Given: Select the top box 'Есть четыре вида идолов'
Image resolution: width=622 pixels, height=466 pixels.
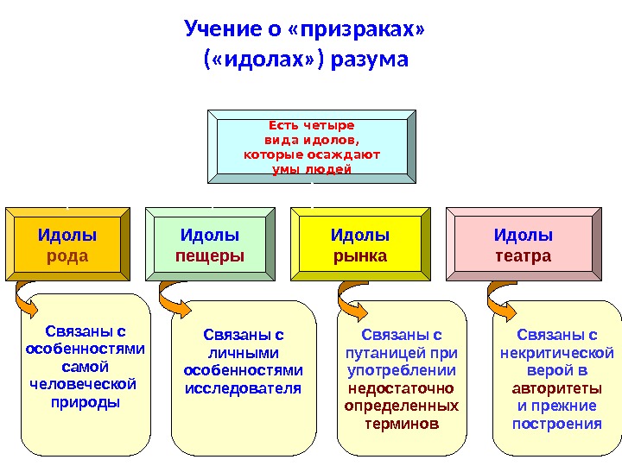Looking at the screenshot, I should [x=311, y=146].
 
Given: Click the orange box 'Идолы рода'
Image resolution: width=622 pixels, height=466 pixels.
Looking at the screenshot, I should [x=67, y=245].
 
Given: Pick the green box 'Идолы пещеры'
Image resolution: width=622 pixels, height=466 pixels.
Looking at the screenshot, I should [x=210, y=245].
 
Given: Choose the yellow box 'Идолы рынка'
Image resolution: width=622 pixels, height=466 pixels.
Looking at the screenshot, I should [x=360, y=245].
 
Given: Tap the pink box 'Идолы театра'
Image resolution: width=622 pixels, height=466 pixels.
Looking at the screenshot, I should [x=523, y=245].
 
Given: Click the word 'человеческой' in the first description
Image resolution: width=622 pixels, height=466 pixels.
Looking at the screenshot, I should [x=84, y=383].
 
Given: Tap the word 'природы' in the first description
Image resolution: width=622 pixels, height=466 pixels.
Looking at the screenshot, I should [x=86, y=401].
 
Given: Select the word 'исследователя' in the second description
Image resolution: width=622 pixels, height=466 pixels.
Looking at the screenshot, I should [x=244, y=387].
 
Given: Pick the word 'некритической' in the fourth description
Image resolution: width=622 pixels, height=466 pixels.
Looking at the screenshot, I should [x=557, y=352].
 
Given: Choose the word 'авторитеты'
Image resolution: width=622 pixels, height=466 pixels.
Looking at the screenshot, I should [x=557, y=388].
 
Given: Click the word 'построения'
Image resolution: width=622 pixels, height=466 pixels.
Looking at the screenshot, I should [x=557, y=424].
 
